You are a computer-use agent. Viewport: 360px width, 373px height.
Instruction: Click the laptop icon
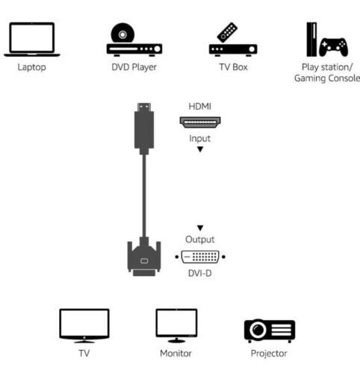coord(32,39)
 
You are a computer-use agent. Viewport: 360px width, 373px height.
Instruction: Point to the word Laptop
coord(31,67)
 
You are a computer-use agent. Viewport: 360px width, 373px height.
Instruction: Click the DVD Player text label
coord(134,67)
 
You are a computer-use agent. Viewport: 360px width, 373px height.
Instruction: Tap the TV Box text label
coord(232,67)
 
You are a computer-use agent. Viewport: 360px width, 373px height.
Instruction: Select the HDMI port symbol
coord(199,122)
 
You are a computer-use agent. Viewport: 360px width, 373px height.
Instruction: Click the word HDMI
coord(199,107)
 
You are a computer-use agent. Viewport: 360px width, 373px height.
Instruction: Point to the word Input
coord(199,138)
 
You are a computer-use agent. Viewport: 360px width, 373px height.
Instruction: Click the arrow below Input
coord(199,149)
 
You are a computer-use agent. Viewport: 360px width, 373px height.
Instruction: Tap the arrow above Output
coord(199,228)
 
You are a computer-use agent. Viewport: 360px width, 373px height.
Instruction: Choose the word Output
coord(199,239)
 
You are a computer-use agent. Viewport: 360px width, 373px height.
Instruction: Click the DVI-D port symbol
coord(199,257)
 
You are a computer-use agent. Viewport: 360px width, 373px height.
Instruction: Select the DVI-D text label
coord(199,274)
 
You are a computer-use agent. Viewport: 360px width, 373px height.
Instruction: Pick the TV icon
coord(84,327)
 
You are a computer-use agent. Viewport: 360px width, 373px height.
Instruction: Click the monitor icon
coord(176,327)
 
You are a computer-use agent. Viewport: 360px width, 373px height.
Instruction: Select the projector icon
coord(270,329)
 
